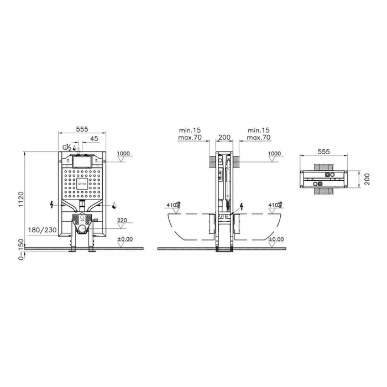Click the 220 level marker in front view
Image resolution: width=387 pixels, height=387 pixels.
click(x=122, y=220)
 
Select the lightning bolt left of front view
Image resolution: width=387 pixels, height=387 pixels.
click(x=51, y=205)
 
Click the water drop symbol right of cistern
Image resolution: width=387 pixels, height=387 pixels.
click(x=113, y=205)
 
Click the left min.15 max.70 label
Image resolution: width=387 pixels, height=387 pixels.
click(x=190, y=133)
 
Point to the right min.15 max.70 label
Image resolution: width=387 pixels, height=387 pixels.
click(x=258, y=133)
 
